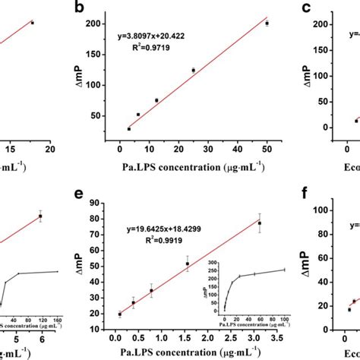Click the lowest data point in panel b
click(x=128, y=129)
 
